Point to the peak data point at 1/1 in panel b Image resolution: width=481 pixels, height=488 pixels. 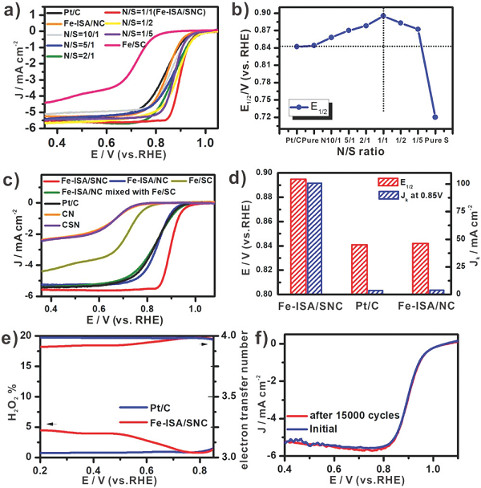coord(383,15)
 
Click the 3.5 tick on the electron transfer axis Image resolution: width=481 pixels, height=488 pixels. coord(230,397)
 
